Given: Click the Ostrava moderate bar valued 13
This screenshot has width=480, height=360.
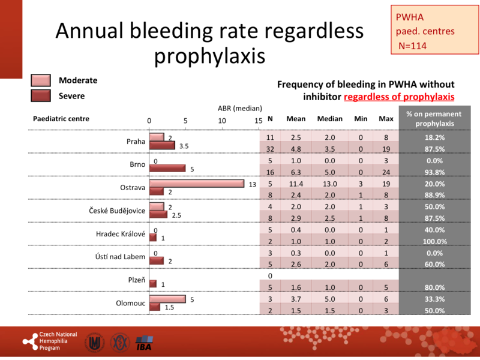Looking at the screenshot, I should tap(196, 184).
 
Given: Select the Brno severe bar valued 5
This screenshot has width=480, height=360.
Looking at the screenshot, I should tap(167, 169).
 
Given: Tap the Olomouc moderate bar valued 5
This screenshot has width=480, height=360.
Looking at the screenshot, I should tap(167, 299).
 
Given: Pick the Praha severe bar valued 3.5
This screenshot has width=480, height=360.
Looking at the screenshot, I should tap(162, 145).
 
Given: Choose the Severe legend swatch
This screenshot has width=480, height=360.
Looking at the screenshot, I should tap(41, 95).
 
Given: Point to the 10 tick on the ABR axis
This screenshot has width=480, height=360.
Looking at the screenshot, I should tap(222, 120).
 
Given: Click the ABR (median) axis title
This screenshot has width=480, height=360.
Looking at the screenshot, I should tap(240, 108).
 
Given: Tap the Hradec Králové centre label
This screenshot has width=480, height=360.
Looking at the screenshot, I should tap(121, 233).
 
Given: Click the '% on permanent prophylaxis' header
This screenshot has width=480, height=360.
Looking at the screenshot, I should tap(430, 118).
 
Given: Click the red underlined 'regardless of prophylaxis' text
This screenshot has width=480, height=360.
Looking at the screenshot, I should tap(399, 97).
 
